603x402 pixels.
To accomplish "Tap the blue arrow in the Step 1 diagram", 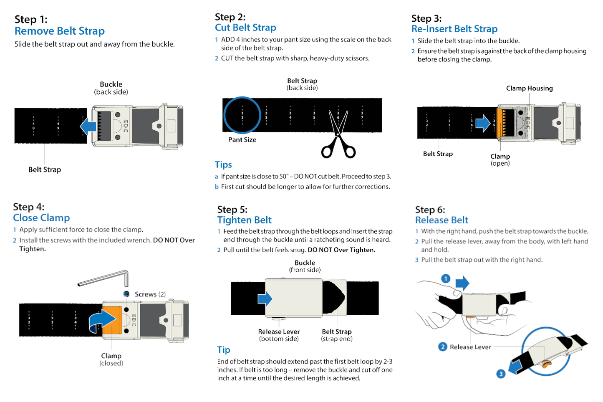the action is [x=88, y=126].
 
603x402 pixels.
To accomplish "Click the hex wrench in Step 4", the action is [x=103, y=279].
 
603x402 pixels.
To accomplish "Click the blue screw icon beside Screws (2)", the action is [x=126, y=294].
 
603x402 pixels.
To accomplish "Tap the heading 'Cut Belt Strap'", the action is [x=245, y=28].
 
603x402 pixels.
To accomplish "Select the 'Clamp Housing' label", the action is [x=529, y=88].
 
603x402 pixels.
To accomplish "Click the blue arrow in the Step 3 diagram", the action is [x=483, y=123].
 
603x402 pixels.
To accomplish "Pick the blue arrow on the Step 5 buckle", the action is [x=265, y=298].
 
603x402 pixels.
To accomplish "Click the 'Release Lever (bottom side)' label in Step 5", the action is [x=279, y=335].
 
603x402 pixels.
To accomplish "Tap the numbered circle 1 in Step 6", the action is [x=446, y=278].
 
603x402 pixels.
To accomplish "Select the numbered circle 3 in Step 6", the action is [x=501, y=374].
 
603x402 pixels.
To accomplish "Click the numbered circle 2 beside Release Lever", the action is [x=443, y=346].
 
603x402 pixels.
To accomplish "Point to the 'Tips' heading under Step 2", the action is [x=223, y=164].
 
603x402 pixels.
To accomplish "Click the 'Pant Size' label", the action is [x=242, y=140].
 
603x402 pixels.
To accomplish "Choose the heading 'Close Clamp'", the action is [x=41, y=217].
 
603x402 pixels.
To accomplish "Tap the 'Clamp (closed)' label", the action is [x=111, y=359].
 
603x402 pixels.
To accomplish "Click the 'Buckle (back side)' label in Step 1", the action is [x=111, y=88].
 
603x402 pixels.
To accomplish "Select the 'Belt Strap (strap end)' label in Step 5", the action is [x=337, y=335].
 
